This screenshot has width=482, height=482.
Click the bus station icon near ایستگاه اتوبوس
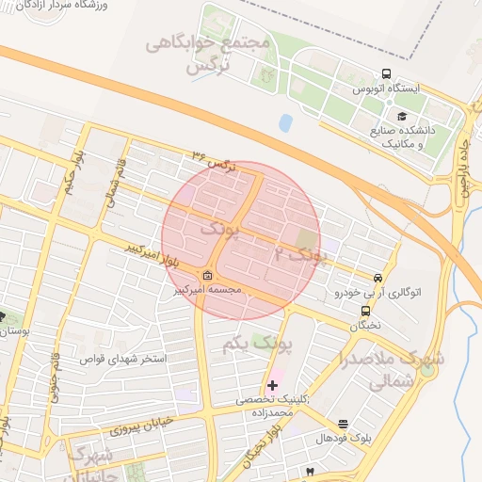coord(386,74)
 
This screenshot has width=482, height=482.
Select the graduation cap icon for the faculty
coord(402,116)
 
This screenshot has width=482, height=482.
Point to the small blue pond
coord(285,122)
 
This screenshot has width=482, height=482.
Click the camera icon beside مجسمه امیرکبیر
coord(207,275)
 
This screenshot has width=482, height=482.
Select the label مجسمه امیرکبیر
coord(207,289)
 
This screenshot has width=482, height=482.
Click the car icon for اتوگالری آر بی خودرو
coord(378,279)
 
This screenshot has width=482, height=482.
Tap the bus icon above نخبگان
coord(364,311)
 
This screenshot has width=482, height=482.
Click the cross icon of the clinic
coord(273,385)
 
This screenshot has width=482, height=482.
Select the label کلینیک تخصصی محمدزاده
coord(273,406)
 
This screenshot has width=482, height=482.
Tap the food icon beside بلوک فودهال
coord(343,425)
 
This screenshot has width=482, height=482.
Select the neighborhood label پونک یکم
coord(257,345)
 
